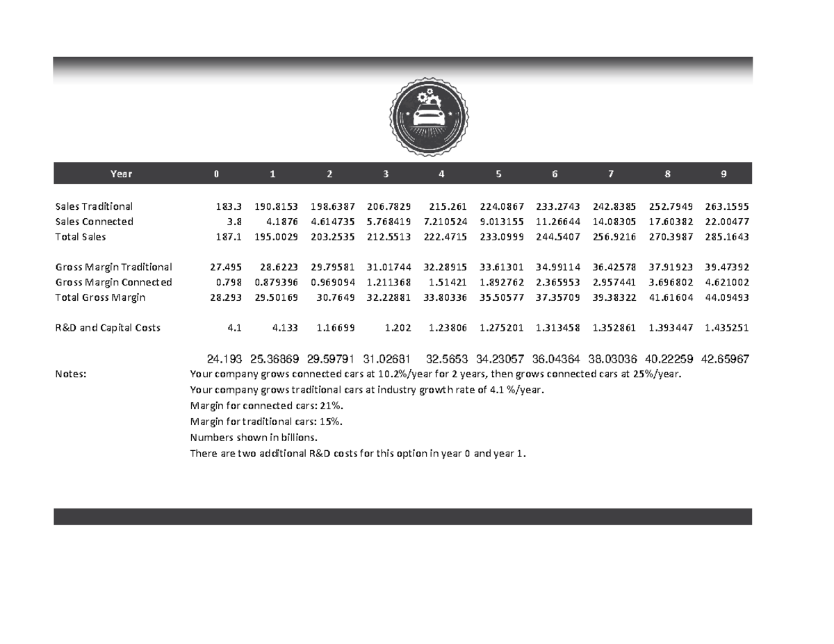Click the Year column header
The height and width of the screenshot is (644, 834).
click(121, 174)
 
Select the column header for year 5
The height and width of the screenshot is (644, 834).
click(498, 174)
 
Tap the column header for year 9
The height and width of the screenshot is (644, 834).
click(723, 174)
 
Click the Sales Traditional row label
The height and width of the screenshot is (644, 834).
click(94, 206)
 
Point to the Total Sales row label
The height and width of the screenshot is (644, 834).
click(81, 237)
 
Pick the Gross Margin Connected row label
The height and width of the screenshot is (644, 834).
click(113, 282)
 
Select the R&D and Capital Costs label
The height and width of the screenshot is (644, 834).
click(108, 327)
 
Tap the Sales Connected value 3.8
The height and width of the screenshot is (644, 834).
click(233, 222)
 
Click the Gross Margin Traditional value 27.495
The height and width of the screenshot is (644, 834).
click(225, 267)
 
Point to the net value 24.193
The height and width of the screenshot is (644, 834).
click(224, 359)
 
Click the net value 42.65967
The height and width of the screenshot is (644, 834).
click(724, 359)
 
